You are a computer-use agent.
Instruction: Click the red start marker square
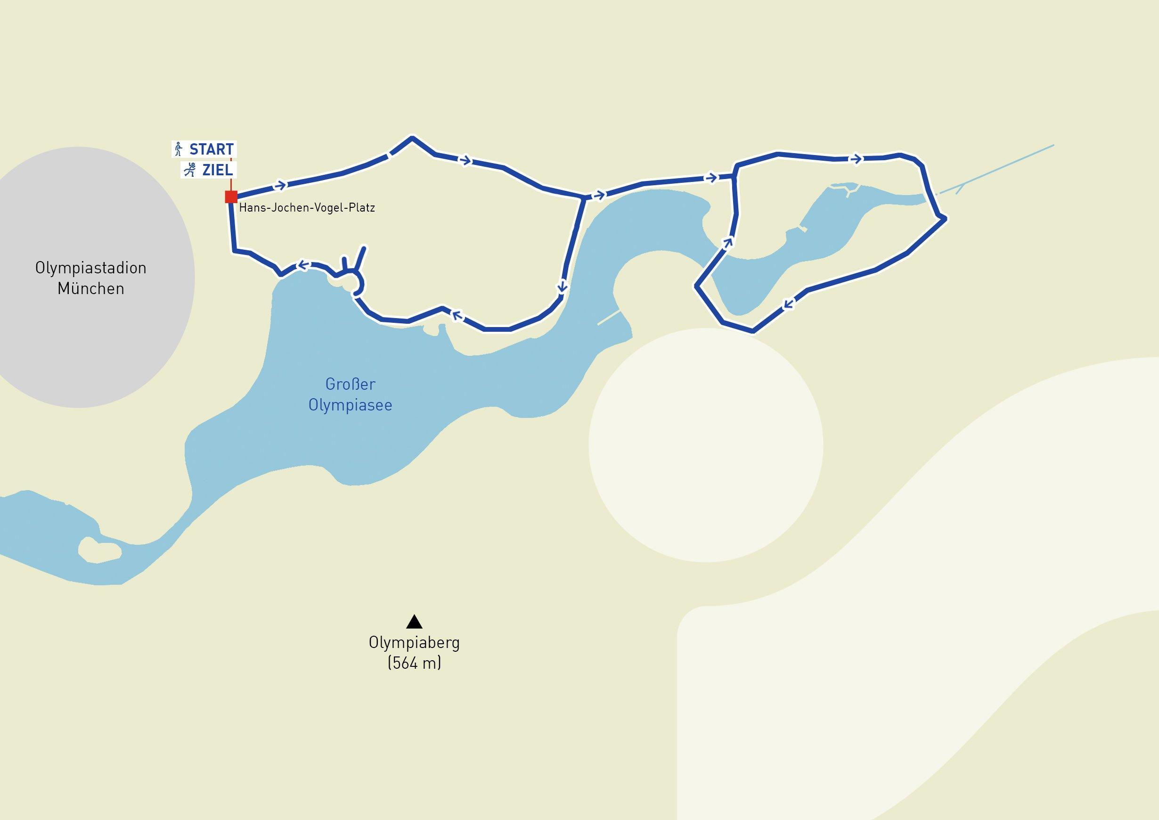(x=231, y=197)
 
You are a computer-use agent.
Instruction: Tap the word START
(x=211, y=149)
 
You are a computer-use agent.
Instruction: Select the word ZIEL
(x=217, y=170)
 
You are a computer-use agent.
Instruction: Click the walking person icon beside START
(x=178, y=149)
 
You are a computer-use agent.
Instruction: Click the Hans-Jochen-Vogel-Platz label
(x=307, y=207)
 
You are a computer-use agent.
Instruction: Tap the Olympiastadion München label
(x=91, y=278)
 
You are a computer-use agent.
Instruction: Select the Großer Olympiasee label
(x=351, y=394)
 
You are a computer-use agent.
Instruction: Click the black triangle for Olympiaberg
(x=414, y=621)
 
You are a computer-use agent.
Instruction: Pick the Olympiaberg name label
(x=414, y=643)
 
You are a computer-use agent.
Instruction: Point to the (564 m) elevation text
(x=414, y=663)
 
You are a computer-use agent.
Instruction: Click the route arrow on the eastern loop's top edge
(x=856, y=159)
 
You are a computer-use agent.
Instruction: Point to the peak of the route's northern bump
(x=412, y=137)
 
